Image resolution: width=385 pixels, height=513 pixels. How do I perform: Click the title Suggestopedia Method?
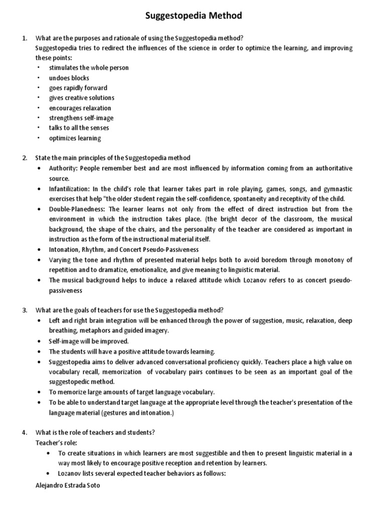point(193,16)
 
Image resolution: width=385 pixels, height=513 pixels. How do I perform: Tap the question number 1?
point(24,38)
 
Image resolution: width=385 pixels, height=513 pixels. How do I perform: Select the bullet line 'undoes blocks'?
point(69,78)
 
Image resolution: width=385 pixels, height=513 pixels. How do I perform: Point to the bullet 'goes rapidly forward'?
point(78,88)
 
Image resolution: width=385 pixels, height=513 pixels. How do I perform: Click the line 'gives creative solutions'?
point(81,98)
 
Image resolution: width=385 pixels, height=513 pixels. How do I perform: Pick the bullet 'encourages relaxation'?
point(80,108)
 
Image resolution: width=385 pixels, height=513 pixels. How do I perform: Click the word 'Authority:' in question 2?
point(63,168)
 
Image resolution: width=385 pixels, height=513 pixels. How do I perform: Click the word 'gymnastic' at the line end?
point(337,188)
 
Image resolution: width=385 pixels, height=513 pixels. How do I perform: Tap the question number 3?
point(24,310)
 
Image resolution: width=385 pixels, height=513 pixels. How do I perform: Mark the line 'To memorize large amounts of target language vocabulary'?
point(132,392)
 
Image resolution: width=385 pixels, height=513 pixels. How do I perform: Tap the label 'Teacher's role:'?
point(55,442)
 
